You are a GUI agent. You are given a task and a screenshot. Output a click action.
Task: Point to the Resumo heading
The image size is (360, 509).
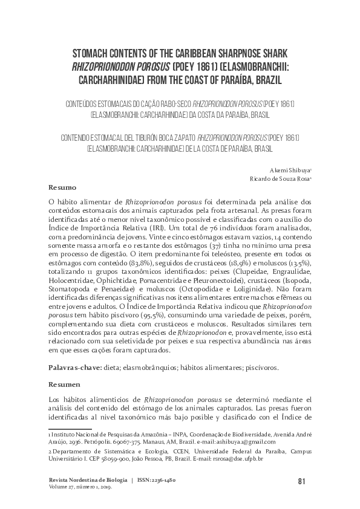pos(62,188)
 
